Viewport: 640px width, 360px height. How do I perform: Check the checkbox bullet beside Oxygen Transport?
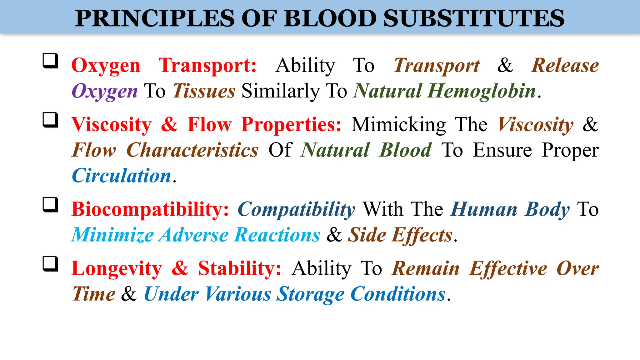pyautogui.click(x=50, y=61)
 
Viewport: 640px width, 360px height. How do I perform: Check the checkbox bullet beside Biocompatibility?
pyautogui.click(x=50, y=204)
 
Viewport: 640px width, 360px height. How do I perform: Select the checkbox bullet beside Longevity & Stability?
pyautogui.click(x=50, y=264)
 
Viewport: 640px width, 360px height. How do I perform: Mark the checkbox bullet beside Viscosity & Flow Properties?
pyautogui.click(x=50, y=120)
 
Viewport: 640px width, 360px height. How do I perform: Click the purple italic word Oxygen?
pyautogui.click(x=104, y=91)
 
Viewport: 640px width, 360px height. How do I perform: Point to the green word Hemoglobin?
pyautogui.click(x=482, y=91)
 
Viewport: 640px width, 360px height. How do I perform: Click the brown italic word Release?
pyautogui.click(x=565, y=66)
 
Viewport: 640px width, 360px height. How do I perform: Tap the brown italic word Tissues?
pyautogui.click(x=204, y=91)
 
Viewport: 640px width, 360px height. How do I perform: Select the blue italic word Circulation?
pyautogui.click(x=121, y=176)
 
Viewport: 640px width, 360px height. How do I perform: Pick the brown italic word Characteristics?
pyautogui.click(x=192, y=150)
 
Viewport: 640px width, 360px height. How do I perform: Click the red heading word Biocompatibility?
pyautogui.click(x=150, y=209)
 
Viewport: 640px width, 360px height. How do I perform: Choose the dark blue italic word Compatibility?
pyautogui.click(x=296, y=209)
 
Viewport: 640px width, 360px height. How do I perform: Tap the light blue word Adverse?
pyautogui.click(x=194, y=235)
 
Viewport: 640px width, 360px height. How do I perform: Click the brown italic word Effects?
pyautogui.click(x=422, y=235)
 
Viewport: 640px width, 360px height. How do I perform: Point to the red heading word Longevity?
pyautogui.click(x=117, y=268)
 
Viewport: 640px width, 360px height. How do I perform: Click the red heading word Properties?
pyautogui.click(x=291, y=125)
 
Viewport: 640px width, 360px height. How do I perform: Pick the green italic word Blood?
pyautogui.click(x=405, y=150)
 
